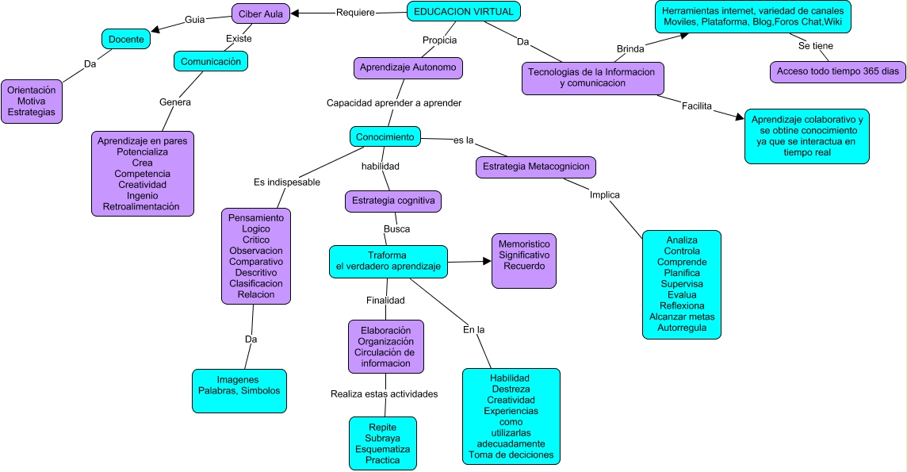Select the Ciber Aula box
261,13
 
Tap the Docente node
125,38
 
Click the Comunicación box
211,61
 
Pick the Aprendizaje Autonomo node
408,68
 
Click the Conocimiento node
385,136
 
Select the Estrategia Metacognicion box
535,167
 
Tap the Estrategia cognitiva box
392,201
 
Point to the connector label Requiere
355,12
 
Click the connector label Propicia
439,40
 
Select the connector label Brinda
630,49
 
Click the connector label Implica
605,194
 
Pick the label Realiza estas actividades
384,393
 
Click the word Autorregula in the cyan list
681,328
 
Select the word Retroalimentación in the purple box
141,207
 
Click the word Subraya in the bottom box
382,438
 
